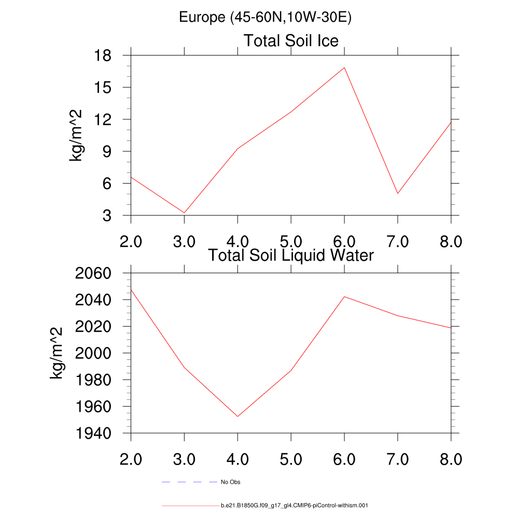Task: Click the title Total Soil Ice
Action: pos(291,40)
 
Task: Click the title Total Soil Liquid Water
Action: pos(291,255)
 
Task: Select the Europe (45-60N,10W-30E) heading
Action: pos(265,17)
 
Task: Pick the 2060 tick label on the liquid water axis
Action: pos(98,273)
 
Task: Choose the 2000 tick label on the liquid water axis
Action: pos(98,353)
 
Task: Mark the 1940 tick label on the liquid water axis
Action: pos(98,433)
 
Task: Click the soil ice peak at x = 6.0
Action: pos(344,67)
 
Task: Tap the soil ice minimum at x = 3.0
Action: pos(184,213)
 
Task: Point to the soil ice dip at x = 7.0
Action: pos(398,193)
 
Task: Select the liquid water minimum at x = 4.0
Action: pos(237,416)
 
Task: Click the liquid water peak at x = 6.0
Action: pos(344,297)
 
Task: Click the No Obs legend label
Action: pos(231,482)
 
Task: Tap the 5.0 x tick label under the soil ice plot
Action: pos(291,242)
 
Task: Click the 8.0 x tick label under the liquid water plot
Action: pos(451,459)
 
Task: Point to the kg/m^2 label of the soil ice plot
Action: pos(77,135)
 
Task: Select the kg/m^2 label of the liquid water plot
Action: pos(57,353)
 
